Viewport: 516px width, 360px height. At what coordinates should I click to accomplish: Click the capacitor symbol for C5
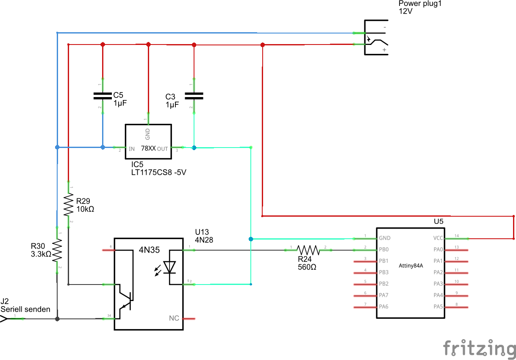[103, 96]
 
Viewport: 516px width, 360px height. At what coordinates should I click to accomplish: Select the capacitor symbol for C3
[194, 96]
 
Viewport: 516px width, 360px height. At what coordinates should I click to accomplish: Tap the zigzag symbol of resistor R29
[68, 205]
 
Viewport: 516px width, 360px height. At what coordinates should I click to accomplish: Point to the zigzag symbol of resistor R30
[57, 251]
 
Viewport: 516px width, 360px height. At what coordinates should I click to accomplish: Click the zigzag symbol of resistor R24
[308, 250]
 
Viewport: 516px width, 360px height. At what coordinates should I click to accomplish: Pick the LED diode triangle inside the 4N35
[169, 267]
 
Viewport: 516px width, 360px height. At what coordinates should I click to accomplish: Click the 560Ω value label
[307, 267]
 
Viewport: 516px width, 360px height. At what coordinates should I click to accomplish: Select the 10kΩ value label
[85, 209]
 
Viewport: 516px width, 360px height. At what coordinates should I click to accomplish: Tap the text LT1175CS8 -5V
[159, 172]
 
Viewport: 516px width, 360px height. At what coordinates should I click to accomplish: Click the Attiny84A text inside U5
[411, 266]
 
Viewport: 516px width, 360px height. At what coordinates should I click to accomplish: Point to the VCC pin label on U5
[438, 238]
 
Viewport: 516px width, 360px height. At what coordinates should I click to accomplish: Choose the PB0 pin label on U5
[384, 249]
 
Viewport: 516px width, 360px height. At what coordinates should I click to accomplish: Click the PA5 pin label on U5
[438, 307]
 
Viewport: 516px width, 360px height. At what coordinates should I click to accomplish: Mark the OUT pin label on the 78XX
[162, 149]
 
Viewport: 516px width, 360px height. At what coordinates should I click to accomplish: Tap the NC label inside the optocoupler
[174, 318]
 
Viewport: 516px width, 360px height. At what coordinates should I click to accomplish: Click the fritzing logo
[479, 348]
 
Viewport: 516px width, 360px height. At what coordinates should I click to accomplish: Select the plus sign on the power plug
[384, 50]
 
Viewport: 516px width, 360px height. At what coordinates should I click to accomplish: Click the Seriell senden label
[25, 309]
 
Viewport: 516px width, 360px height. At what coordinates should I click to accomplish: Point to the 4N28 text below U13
[204, 240]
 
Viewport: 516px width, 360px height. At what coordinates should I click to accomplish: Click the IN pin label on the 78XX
[132, 149]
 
